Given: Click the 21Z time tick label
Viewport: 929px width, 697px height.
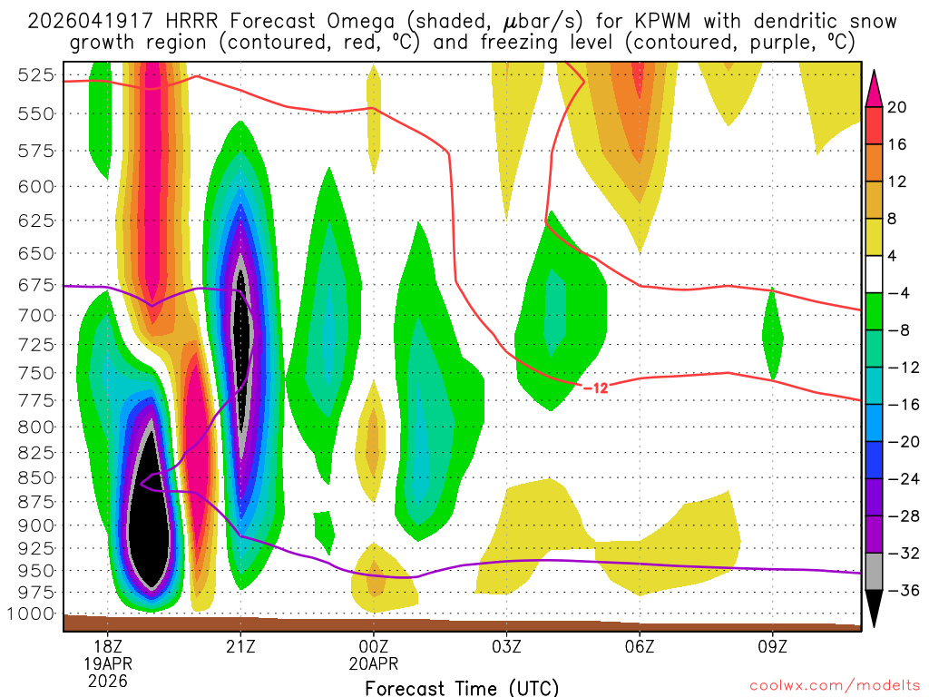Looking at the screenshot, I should [x=240, y=646].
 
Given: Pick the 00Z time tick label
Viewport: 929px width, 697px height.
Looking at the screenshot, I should [x=374, y=646].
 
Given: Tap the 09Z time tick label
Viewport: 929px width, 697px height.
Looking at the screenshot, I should [x=773, y=646].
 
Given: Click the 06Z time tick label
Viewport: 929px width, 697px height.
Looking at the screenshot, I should [x=640, y=646].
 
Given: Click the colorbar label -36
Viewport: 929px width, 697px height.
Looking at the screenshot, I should [x=901, y=591].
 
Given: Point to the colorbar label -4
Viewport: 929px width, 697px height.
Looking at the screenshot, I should [x=897, y=293].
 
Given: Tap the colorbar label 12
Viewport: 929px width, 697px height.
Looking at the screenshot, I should [x=897, y=182].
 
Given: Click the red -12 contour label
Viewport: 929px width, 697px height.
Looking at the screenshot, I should [x=594, y=388].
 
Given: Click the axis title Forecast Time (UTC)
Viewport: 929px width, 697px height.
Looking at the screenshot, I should [x=462, y=687].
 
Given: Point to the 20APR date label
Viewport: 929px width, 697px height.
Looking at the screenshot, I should [x=374, y=663].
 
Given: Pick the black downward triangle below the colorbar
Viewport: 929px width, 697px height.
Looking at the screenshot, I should [x=875, y=609].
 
